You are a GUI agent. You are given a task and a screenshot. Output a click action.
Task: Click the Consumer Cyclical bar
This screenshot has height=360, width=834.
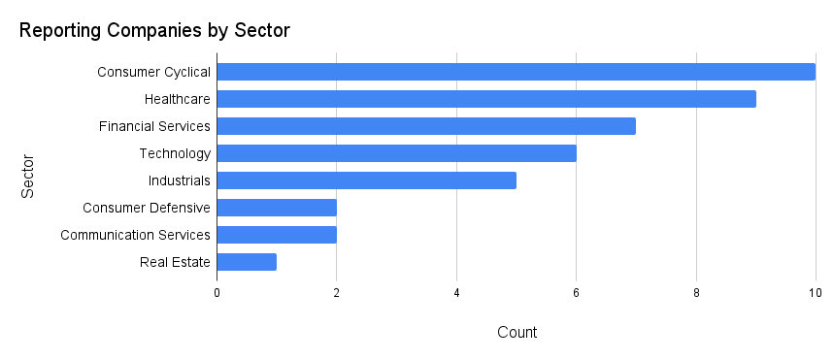(x=516, y=72)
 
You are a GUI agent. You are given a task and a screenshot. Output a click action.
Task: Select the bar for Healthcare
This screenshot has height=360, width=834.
(x=485, y=99)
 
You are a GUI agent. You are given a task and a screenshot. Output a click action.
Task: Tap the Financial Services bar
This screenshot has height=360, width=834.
(x=425, y=126)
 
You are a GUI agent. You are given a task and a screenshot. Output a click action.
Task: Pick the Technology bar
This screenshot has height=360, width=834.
(x=396, y=153)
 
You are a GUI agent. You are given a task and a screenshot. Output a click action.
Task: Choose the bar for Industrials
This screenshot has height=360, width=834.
(x=366, y=180)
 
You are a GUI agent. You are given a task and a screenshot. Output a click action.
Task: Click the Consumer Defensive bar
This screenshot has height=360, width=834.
(x=277, y=208)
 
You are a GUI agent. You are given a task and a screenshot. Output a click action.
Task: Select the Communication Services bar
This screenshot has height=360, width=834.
(x=277, y=235)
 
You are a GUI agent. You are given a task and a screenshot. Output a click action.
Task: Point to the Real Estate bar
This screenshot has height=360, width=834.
(x=247, y=262)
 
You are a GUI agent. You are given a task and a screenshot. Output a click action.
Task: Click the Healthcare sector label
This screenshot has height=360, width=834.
(x=178, y=99)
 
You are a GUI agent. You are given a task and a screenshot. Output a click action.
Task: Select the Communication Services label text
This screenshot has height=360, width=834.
(x=135, y=235)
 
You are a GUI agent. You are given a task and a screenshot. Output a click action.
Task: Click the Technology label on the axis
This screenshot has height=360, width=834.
(x=175, y=153)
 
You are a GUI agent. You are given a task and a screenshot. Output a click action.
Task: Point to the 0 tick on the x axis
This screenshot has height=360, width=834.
(x=217, y=292)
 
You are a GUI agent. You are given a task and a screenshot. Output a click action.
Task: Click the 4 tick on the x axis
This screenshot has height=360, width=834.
(x=456, y=292)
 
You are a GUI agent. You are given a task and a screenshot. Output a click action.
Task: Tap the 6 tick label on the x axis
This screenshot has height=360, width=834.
(x=577, y=292)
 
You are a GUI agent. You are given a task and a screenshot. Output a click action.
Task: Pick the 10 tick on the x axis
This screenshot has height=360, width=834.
(x=814, y=292)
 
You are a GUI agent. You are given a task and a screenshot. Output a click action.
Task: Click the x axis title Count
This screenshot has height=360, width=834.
(x=517, y=333)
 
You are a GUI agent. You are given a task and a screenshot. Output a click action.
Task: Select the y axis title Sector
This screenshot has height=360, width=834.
(x=28, y=176)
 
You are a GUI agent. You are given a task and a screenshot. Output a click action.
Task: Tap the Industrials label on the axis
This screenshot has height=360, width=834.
(x=180, y=180)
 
